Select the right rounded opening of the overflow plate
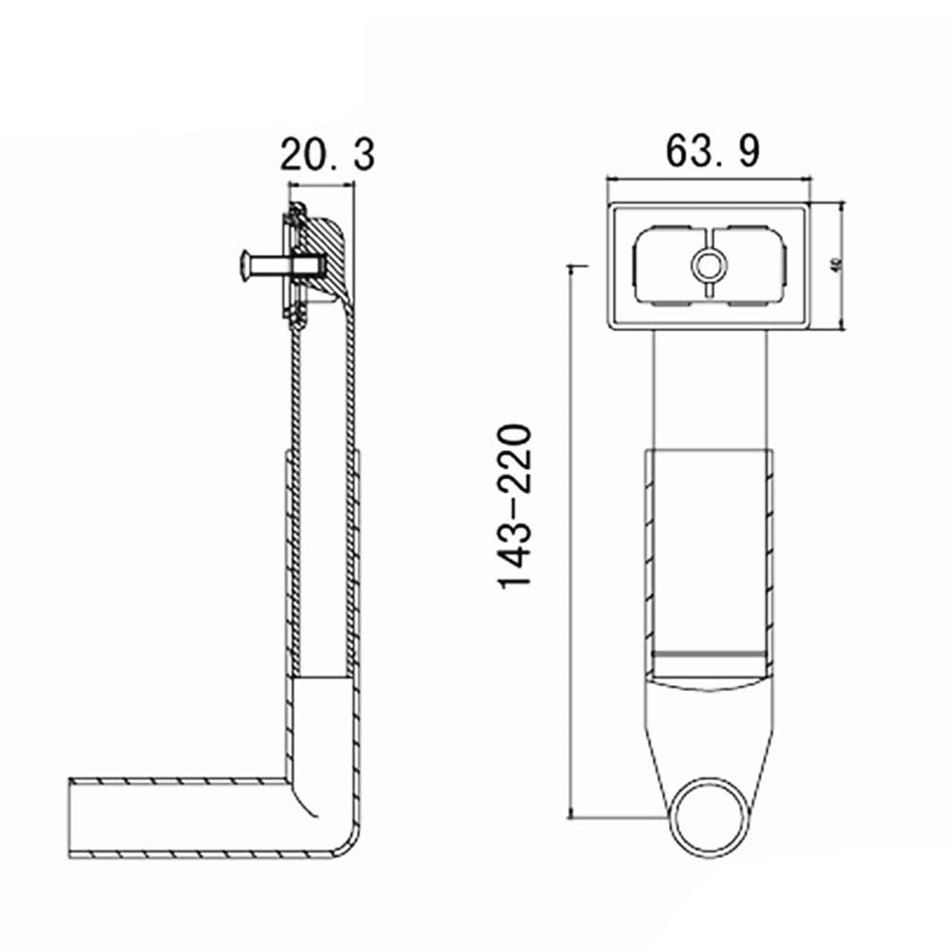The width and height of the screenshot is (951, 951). (x=751, y=266)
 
